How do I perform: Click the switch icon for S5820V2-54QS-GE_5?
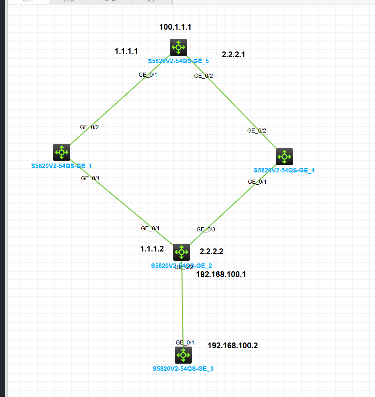[178, 47]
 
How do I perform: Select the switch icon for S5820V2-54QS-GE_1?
[62, 152]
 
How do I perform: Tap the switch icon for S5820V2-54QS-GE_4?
[284, 157]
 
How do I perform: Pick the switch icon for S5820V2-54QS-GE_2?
[182, 252]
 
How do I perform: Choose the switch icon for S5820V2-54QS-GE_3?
[183, 355]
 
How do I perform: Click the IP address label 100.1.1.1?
[175, 27]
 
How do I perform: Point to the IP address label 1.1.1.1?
[126, 51]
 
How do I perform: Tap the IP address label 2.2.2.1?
[233, 55]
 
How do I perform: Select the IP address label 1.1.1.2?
[152, 249]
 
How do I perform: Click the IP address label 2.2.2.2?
[212, 252]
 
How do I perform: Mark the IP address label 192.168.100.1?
[221, 275]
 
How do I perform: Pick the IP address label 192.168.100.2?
[233, 346]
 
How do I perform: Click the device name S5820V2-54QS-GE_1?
[61, 166]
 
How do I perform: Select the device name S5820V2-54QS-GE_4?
[284, 170]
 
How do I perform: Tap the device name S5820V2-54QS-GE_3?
[183, 369]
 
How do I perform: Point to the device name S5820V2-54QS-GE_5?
[178, 61]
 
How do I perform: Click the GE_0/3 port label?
[206, 230]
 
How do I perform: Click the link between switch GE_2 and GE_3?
[183, 303]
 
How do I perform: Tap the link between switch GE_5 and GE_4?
[235, 106]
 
